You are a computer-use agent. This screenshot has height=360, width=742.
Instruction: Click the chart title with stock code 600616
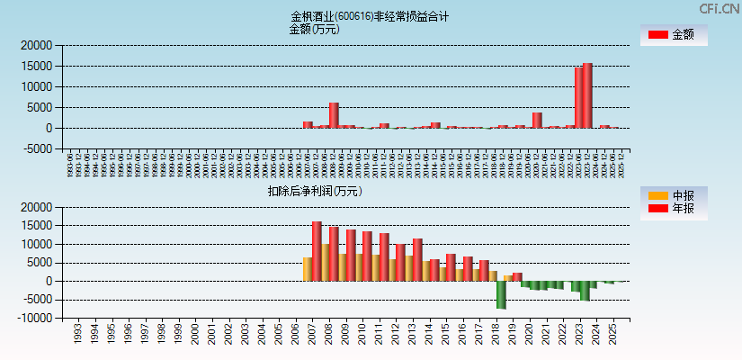[370, 16]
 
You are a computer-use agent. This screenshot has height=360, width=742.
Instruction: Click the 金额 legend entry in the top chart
[673, 35]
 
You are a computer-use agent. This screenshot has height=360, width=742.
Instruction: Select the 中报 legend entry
[673, 195]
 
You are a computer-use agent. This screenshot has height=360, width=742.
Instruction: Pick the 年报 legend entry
[673, 209]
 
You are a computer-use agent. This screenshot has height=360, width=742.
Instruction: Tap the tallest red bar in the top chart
[587, 95]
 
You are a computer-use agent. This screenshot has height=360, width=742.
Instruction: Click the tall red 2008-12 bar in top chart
[334, 115]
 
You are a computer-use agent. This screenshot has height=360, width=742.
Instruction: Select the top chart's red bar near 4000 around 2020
[537, 120]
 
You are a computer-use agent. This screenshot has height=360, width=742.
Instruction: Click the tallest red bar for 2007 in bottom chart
[317, 251]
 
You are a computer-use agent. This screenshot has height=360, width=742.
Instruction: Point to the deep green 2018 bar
[501, 294]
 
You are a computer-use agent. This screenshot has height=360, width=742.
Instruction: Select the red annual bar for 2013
[417, 259]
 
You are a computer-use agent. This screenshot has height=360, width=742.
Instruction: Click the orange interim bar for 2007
[308, 269]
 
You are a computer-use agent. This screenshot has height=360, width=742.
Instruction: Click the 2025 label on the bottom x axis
[612, 335]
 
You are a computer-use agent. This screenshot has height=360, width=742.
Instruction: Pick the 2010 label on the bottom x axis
[362, 335]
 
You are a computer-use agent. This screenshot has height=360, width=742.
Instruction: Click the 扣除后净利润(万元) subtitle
[314, 191]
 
